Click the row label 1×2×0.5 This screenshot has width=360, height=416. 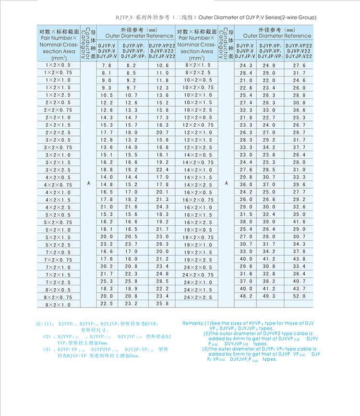[x=58, y=64]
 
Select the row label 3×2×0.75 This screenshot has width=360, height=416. [x=58, y=147]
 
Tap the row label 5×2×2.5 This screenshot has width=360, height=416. [x=58, y=245]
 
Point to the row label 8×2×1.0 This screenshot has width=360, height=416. [x=58, y=305]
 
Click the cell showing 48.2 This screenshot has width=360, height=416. [x=246, y=297]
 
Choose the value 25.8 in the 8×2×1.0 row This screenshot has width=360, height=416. [x=162, y=305]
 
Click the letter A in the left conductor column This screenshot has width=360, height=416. [x=88, y=184]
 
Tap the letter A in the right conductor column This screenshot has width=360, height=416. [x=226, y=184]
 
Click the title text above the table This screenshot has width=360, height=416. [x=216, y=17]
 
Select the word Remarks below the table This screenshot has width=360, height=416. [x=193, y=324]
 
